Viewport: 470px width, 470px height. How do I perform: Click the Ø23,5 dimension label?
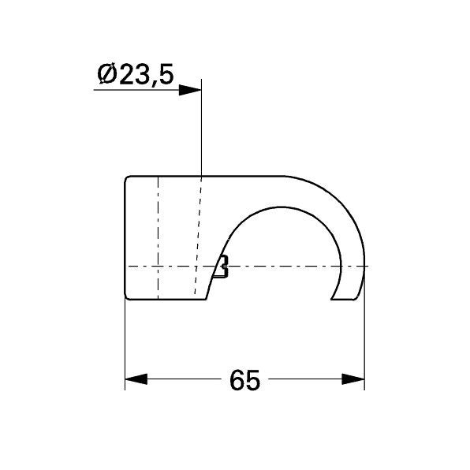point(136,74)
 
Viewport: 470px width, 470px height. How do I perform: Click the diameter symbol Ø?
point(106,74)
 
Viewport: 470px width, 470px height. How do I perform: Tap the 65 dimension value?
point(244,380)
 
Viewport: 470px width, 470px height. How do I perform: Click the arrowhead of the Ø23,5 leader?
point(190,90)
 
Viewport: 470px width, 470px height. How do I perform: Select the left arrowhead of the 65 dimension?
point(136,379)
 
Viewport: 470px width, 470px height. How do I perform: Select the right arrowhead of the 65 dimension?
point(353,379)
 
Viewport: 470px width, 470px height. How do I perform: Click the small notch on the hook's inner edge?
point(222,267)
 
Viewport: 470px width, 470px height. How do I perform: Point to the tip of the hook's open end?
point(331,299)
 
